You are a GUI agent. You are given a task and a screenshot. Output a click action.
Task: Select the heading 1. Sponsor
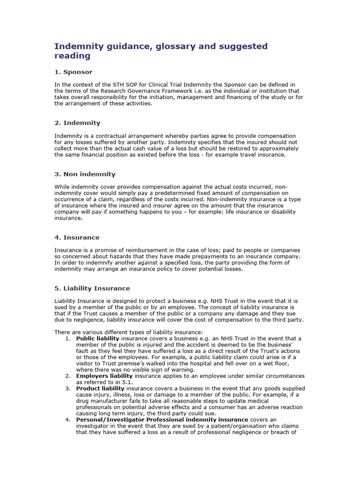click(x=74, y=72)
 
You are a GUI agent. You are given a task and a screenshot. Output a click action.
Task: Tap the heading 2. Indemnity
click(x=77, y=123)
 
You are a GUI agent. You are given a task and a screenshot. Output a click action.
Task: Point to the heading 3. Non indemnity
click(x=85, y=174)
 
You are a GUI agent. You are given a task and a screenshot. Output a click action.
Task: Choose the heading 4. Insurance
click(x=77, y=238)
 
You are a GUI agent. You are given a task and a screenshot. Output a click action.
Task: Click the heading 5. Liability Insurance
click(x=92, y=288)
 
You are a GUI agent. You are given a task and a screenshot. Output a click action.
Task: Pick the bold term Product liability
click(x=100, y=389)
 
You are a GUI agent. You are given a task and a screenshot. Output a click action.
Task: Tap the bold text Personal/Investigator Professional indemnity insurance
click(x=162, y=420)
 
